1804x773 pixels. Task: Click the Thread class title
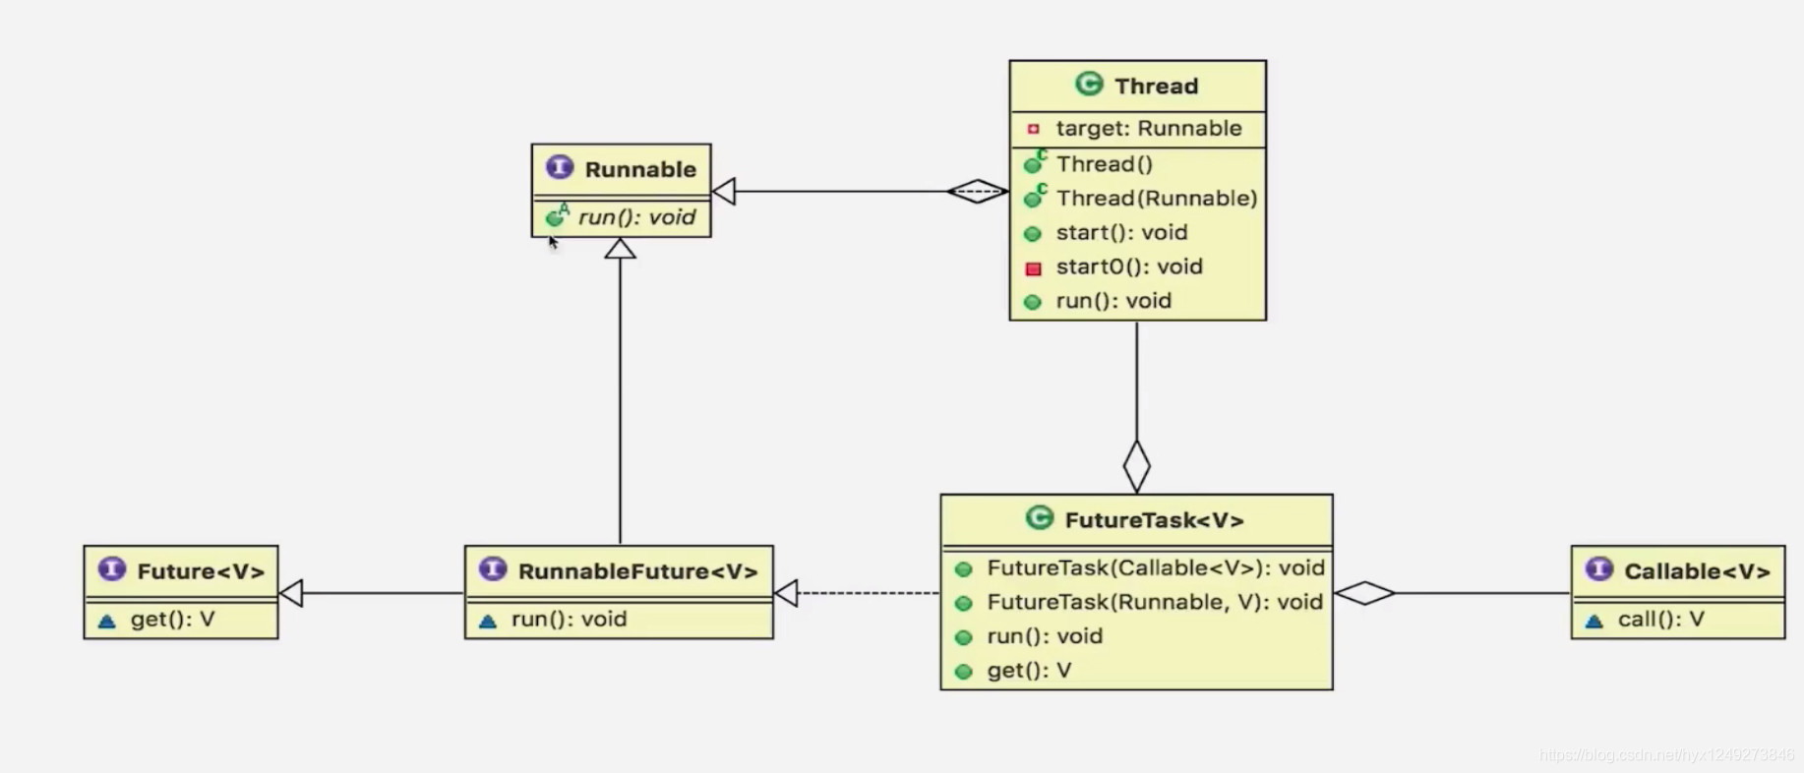click(1155, 87)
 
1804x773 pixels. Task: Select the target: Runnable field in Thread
click(1148, 129)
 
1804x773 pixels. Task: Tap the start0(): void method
click(1128, 267)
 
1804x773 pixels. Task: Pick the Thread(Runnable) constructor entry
click(1156, 199)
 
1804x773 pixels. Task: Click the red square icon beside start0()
click(1033, 268)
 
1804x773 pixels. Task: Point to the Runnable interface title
click(639, 169)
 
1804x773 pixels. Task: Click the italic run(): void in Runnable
click(635, 217)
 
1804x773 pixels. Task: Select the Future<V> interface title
click(200, 571)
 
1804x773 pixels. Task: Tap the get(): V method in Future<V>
click(172, 620)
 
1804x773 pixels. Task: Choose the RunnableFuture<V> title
click(636, 571)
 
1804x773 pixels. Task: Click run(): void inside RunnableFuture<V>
click(568, 620)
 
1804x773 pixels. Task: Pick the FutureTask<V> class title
click(1153, 520)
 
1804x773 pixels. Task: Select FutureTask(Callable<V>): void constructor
click(1155, 568)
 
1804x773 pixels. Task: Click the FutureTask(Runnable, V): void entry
click(1154, 602)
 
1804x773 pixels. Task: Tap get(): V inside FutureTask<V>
click(1028, 671)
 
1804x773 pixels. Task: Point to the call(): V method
click(1660, 620)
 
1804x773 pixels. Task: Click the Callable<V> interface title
click(1696, 571)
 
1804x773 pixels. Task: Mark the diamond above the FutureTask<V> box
click(1136, 466)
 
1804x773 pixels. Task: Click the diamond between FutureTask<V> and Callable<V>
click(1364, 593)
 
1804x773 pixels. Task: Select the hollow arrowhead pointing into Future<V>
click(291, 593)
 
